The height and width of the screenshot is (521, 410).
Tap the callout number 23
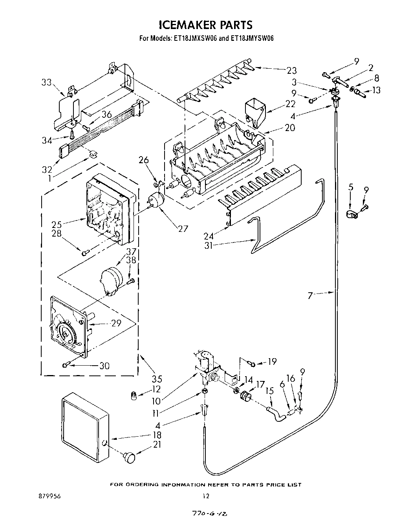[x=291, y=71]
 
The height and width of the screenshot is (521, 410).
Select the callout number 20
[x=289, y=128]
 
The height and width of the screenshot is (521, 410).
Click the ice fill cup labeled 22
[x=255, y=110]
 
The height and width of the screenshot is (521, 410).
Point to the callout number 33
[x=46, y=83]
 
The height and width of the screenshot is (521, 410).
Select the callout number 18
[x=157, y=435]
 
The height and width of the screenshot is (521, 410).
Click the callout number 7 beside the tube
[x=310, y=295]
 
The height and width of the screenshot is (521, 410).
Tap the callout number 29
[x=116, y=323]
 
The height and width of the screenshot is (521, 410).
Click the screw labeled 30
[x=66, y=365]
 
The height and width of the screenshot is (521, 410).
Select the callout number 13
[x=376, y=90]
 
